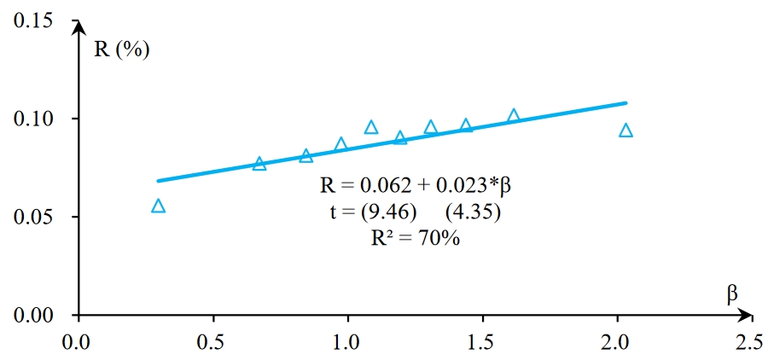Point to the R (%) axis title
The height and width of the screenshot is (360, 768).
coord(121,48)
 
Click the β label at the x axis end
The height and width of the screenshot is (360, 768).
coord(731,294)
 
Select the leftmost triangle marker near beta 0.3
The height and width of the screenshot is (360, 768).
coord(158,206)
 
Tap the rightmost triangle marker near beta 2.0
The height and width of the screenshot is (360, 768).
coord(625,131)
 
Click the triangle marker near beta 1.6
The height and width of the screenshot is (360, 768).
coord(514,116)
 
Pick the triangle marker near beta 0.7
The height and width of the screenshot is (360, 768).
coord(259,164)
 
